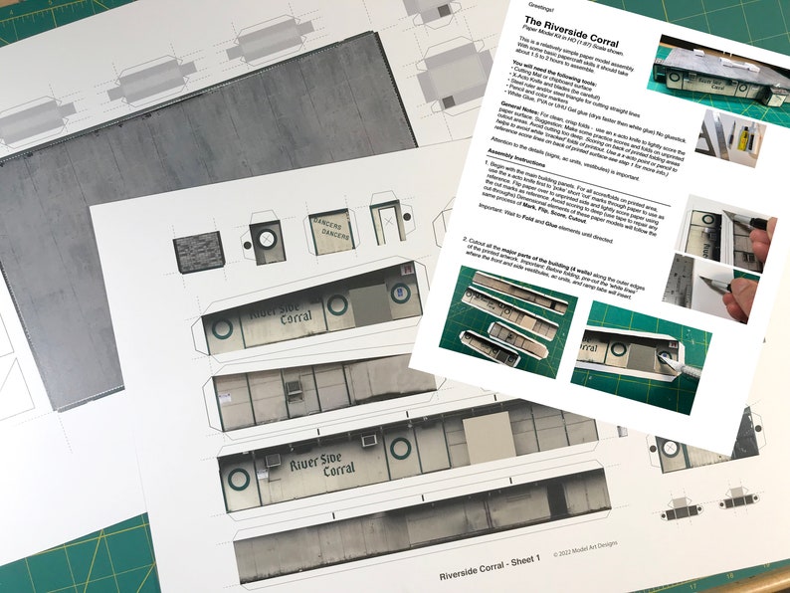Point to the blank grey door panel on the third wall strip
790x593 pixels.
click(489, 437)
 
